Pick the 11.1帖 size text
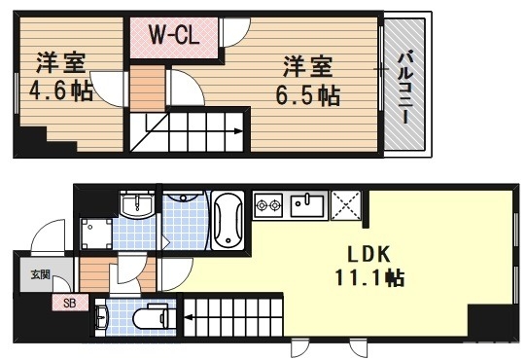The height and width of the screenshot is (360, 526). [x=369, y=278]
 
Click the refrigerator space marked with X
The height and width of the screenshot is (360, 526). [x=345, y=204]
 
